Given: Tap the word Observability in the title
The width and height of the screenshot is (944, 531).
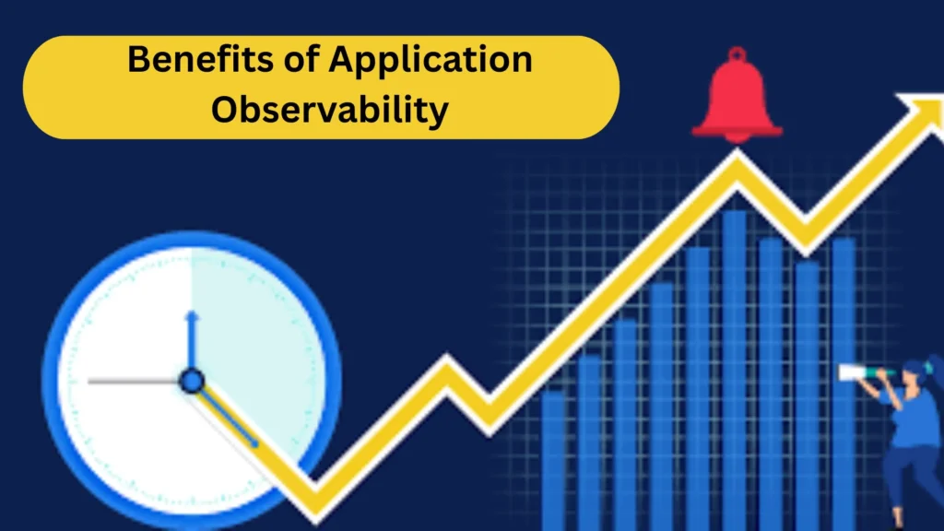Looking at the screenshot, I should coord(329,110).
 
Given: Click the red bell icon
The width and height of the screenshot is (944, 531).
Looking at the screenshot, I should coord(737,96).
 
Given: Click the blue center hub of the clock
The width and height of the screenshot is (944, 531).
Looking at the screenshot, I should coord(191,380).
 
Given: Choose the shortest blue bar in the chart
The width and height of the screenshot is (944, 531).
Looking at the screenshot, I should coord(553,442).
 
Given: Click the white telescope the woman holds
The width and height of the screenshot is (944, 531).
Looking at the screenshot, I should coord(862,372).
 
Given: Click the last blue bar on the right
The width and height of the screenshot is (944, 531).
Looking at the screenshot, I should coord(844,304).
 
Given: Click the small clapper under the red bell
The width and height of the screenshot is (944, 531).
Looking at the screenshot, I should coord(737,137).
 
